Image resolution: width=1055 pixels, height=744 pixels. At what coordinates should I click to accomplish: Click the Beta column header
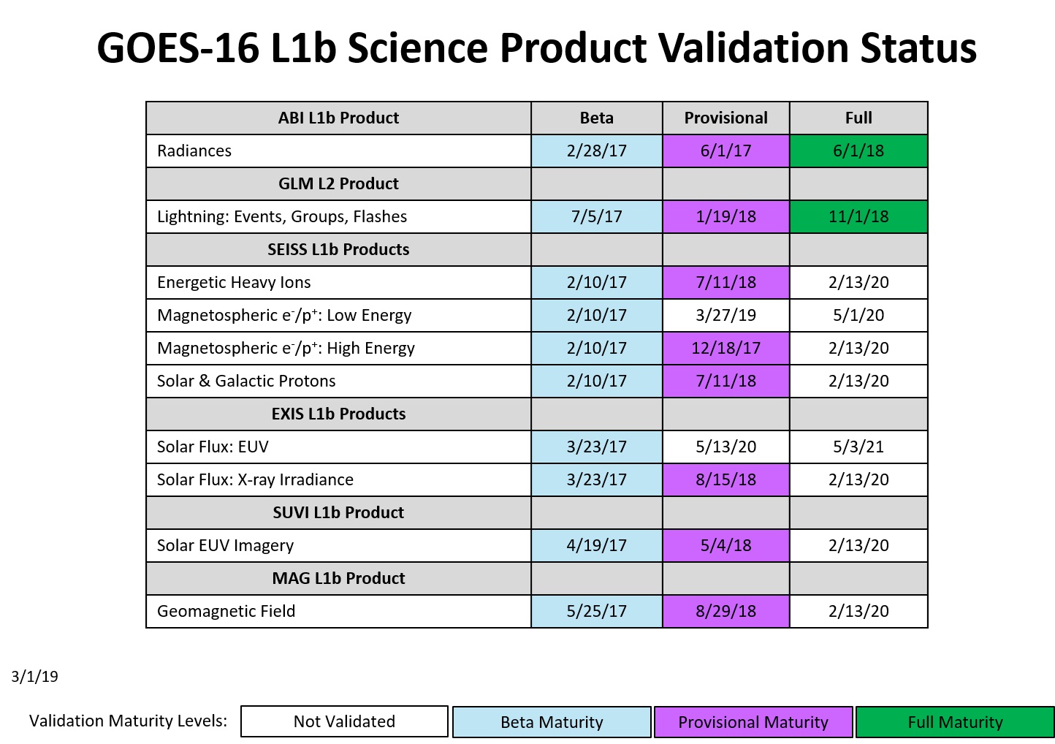click(596, 118)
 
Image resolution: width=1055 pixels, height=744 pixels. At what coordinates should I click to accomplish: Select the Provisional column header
click(725, 118)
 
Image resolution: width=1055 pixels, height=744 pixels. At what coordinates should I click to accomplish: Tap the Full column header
click(858, 118)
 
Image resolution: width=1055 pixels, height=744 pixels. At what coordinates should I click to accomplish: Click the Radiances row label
click(194, 151)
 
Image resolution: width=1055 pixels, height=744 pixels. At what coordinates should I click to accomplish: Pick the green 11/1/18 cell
click(858, 217)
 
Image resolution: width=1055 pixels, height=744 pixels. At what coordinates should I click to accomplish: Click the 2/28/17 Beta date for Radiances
click(596, 151)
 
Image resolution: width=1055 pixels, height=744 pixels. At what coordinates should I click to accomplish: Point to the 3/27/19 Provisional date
click(725, 315)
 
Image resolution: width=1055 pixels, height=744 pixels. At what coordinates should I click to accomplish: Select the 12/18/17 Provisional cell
click(725, 348)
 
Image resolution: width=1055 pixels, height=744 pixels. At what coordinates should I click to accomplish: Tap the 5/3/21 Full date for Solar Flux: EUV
click(858, 447)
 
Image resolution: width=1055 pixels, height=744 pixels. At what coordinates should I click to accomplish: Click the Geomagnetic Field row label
click(226, 611)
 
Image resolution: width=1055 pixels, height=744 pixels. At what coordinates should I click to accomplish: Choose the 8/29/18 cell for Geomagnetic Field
click(725, 611)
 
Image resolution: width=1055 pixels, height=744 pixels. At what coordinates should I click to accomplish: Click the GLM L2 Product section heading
click(338, 183)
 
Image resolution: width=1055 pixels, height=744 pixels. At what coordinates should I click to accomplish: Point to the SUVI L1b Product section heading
click(338, 512)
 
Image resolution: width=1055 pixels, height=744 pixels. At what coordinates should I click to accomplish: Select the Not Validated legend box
click(344, 721)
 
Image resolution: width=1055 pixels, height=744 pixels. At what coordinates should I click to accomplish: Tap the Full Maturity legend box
click(955, 722)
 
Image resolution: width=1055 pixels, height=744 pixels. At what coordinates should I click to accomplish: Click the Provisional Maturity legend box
click(753, 722)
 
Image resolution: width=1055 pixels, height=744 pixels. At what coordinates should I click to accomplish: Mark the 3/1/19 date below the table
click(35, 677)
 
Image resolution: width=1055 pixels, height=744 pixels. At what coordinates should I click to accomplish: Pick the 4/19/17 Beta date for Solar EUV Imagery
click(596, 546)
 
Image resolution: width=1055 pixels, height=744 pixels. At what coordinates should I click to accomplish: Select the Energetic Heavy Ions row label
click(234, 282)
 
